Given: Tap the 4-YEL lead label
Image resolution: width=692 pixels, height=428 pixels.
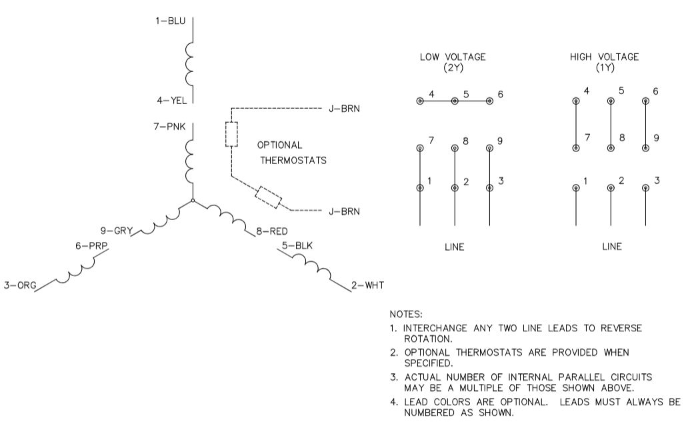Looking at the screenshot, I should (x=171, y=101).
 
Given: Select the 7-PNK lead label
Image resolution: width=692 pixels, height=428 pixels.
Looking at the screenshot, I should (x=169, y=125).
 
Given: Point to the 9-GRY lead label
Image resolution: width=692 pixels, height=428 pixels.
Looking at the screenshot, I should (x=116, y=231).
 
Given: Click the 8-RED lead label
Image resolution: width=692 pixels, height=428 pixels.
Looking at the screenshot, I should (x=272, y=231).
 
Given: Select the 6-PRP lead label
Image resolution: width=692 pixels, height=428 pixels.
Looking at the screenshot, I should (x=91, y=245).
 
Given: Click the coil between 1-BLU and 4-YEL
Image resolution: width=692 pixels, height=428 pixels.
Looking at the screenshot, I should (x=190, y=65).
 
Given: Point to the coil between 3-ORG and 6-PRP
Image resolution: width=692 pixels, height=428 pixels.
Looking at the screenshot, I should (x=73, y=273).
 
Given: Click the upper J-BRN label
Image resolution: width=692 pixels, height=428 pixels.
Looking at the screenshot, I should (x=344, y=108).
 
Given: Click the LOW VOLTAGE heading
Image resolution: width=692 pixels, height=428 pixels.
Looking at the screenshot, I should (x=452, y=62).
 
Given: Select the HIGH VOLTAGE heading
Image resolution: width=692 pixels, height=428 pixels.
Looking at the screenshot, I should (x=604, y=62).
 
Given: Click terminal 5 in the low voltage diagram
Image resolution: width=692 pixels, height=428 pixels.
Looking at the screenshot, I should (x=455, y=101).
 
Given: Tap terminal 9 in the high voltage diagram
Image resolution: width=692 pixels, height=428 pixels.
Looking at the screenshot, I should (x=645, y=148).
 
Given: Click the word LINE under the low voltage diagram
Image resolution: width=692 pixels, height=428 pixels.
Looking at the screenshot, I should (x=454, y=247).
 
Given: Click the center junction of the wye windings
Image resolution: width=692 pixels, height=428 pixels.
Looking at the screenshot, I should (x=192, y=199).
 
